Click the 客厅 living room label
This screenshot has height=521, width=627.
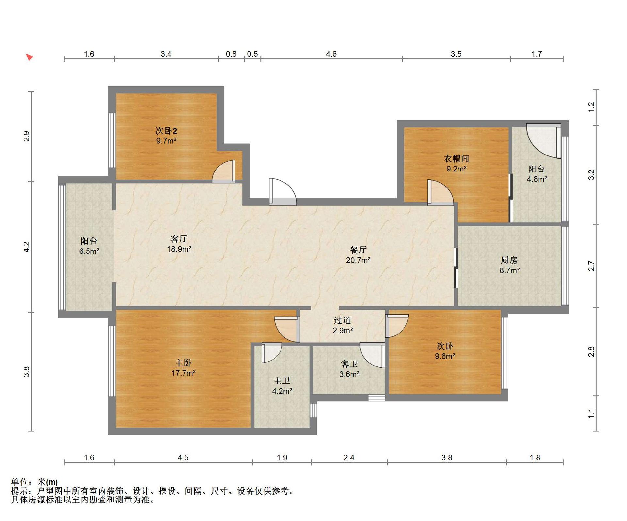click(179, 239)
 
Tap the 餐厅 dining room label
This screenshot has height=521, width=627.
click(358, 250)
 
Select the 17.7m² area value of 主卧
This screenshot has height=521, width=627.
click(184, 373)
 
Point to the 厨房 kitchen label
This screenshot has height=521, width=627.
click(509, 260)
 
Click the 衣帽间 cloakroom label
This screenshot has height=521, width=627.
click(457, 159)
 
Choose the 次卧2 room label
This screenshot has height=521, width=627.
click(166, 131)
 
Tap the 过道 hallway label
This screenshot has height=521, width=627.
click(343, 320)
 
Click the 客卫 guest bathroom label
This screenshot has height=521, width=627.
click(349, 364)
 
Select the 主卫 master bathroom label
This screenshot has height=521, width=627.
click(282, 381)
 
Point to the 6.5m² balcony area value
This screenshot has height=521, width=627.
click(89, 251)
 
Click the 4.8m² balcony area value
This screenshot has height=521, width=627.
click(537, 179)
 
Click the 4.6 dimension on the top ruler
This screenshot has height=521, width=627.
click(331, 54)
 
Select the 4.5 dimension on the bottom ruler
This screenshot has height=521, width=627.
click(183, 458)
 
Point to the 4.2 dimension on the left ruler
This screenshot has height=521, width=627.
click(26, 247)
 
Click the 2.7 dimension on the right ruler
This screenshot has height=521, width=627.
click(591, 266)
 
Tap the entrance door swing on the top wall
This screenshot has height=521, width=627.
click(283, 192)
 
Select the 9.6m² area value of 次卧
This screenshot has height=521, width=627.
click(445, 356)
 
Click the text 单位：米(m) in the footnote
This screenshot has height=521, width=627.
click(35, 482)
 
